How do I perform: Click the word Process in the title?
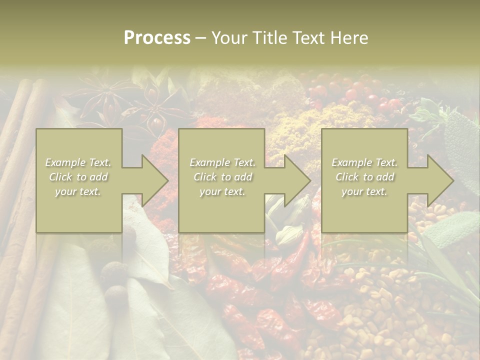pos(157,37)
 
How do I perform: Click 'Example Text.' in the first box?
pos(78,162)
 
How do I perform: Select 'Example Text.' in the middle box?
pos(222,162)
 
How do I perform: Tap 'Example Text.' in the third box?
pos(364,162)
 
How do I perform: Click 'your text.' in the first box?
pos(78,191)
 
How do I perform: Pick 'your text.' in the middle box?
pos(222,191)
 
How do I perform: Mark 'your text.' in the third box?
pos(364,191)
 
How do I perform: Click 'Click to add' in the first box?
pos(78,177)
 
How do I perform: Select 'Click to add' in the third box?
pos(364,177)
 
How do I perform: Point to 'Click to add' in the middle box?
pos(222,177)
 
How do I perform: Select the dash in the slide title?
pos(201,38)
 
